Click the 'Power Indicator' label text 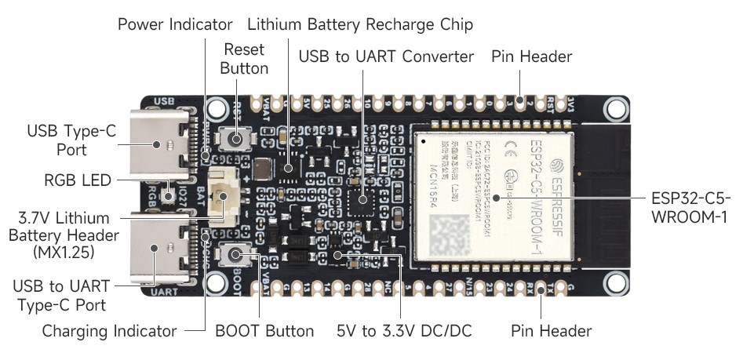pos(175,24)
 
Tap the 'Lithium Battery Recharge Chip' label pos(359,24)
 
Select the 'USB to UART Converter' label pos(386,57)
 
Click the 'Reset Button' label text pos(244,59)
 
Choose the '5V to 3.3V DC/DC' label pos(404,330)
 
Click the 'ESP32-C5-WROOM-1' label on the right pos(691,206)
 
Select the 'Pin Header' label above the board pos(531,57)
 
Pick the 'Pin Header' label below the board pos(552,330)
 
